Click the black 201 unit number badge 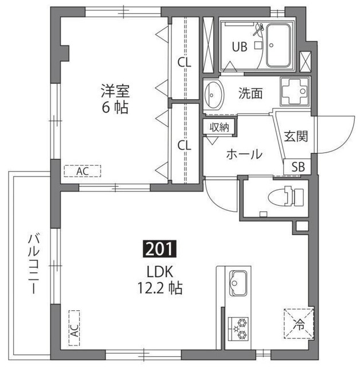click(x=159, y=249)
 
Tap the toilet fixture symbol click(x=286, y=196)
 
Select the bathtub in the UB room click(x=279, y=45)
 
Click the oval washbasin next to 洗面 click(x=213, y=95)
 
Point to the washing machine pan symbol click(x=295, y=91)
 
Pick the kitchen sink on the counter click(x=238, y=283)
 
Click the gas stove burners click(x=238, y=329)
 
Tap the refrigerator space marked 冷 click(x=299, y=324)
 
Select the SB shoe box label click(x=298, y=167)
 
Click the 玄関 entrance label click(x=296, y=136)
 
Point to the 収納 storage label click(x=219, y=127)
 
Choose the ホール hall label click(x=244, y=154)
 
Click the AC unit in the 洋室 click(x=83, y=171)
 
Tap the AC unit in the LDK click(x=74, y=328)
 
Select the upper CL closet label click(x=185, y=63)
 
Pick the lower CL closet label click(x=185, y=145)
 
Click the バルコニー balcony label click(x=34, y=263)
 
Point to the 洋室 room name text click(x=115, y=91)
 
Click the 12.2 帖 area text click(x=160, y=288)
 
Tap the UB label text click(x=240, y=46)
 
